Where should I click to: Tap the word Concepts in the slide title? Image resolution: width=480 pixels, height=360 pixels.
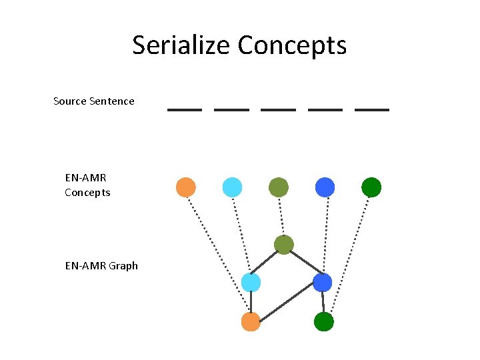point(292,45)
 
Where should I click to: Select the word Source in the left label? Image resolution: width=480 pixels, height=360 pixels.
point(70,101)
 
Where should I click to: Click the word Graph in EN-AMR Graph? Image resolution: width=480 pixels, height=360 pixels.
point(123,265)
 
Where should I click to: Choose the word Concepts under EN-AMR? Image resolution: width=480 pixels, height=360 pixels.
point(87,193)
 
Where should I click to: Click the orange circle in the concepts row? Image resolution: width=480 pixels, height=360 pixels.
point(186,187)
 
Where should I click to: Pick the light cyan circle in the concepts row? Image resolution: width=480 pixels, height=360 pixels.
point(232,187)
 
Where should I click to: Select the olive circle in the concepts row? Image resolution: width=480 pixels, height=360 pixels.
point(279,187)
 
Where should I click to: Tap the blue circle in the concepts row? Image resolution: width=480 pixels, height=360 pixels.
point(325,187)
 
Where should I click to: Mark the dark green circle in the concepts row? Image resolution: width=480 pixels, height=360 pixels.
point(371,187)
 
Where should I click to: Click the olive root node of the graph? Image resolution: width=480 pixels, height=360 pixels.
point(284,245)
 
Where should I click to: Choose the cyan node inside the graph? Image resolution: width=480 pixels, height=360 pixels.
point(251,283)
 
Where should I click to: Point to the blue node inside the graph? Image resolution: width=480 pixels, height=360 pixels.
point(322,283)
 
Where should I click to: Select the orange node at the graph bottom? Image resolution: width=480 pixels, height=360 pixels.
point(251,322)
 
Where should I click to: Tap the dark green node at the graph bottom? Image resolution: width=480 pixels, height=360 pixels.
point(323,322)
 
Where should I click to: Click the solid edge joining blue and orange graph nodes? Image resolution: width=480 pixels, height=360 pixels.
point(287,303)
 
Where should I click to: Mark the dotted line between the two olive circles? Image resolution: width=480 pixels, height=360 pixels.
point(281,216)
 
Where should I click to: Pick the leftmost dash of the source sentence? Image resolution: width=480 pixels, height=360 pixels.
point(185,109)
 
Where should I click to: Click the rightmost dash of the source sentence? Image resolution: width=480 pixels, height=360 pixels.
point(372,109)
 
